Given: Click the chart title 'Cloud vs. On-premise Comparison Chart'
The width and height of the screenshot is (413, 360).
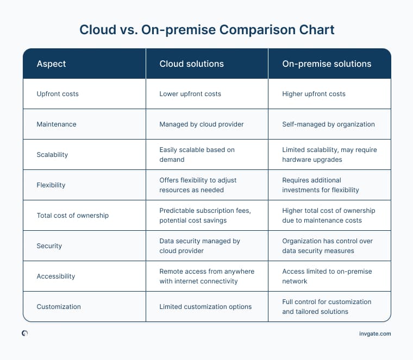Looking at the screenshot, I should coord(206,29).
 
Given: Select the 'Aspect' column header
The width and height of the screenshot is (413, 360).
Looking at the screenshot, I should coord(51,64).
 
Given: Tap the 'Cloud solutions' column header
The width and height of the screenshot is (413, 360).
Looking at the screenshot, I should coord(191,64).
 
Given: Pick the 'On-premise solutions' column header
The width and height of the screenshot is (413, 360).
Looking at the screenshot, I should coord(327,64).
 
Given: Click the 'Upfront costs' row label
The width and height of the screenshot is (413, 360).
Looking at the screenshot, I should coord(58,94).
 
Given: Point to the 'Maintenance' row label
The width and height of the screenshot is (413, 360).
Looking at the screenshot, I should coord(57,124).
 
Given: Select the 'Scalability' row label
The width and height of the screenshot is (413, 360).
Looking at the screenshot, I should coord(52,155).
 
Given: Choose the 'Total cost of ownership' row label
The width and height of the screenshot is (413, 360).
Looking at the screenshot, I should coord(72,216).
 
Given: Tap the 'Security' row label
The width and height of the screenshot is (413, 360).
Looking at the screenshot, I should coord(49,246).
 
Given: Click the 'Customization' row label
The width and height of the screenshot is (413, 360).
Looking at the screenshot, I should coord(59,307).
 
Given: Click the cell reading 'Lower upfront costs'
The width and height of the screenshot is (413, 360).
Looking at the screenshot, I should coord(190,94).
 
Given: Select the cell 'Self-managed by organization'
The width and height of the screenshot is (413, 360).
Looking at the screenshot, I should coord(328,124).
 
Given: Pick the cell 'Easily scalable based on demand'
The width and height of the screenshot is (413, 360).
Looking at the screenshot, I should coord(197,155).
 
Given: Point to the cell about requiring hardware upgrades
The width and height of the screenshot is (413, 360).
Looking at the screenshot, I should coord(329,155).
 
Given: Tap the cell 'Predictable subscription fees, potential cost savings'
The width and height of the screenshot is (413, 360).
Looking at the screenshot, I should coord(203,216).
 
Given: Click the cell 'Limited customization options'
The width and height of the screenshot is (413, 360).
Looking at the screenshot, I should coord(205,307).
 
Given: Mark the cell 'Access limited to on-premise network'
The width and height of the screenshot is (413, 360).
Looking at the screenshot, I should coord(327,276).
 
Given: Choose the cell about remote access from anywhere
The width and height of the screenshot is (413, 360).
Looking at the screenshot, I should coord(206,276).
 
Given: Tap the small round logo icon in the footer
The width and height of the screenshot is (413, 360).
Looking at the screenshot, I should coord(25,333).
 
